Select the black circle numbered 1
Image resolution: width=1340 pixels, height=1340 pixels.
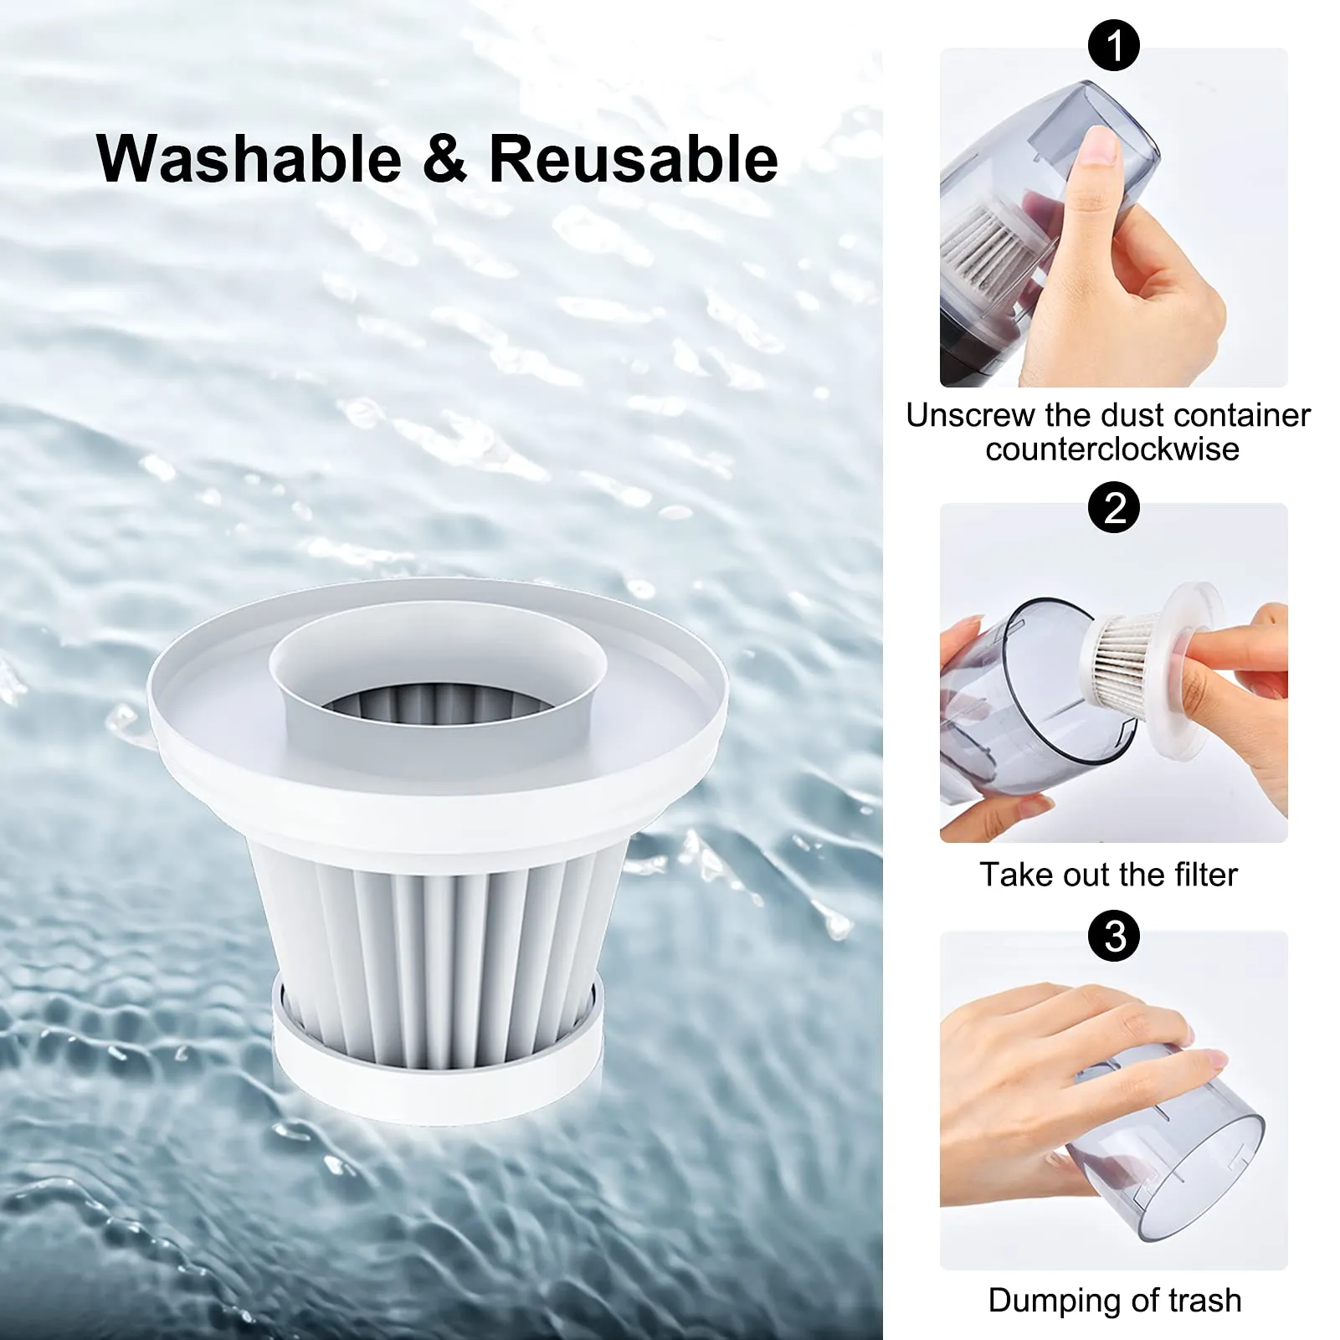(x=1113, y=45)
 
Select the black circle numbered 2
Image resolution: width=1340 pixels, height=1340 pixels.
(x=1113, y=507)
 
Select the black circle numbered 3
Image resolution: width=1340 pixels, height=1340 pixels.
(x=1113, y=936)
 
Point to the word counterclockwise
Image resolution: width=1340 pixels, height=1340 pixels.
(x=1112, y=449)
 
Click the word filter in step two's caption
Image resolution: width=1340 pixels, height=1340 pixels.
(x=1205, y=875)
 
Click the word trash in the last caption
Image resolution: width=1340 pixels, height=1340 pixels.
(x=1205, y=1300)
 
